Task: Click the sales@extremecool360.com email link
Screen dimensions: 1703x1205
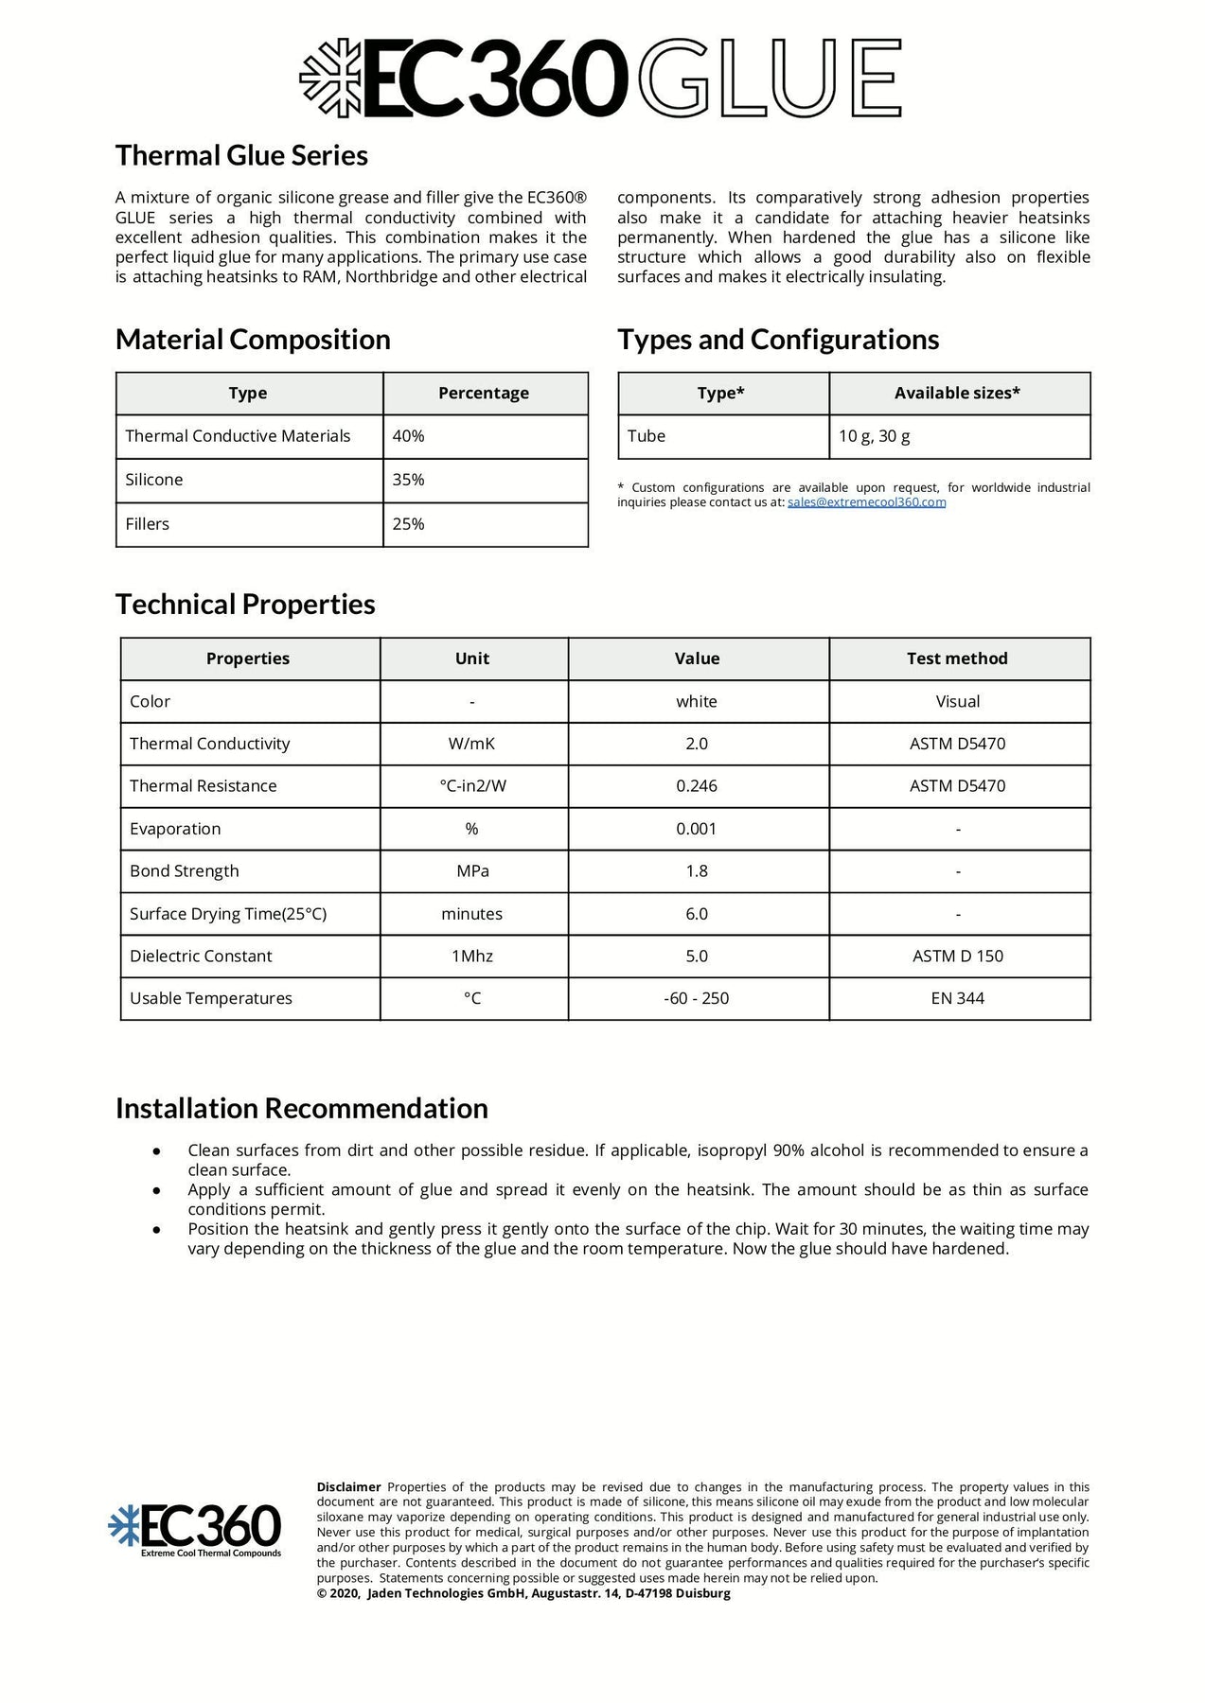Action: [866, 502]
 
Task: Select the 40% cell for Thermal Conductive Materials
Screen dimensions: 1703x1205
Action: [409, 436]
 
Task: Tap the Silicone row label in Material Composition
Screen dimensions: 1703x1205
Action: [154, 480]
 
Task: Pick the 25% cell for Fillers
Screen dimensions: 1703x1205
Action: [409, 524]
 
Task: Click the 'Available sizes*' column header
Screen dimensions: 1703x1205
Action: [957, 394]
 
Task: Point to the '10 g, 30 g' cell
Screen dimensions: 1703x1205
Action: [875, 436]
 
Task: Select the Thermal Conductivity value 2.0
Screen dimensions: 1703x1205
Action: [697, 744]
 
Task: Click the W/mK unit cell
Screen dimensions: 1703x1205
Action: [471, 744]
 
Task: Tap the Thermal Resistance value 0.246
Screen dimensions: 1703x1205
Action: [697, 786]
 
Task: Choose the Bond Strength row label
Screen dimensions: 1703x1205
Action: [185, 871]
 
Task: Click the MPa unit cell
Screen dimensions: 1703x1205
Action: [472, 871]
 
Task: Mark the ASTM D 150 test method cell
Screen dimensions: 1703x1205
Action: [958, 957]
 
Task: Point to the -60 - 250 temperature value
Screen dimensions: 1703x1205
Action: [697, 999]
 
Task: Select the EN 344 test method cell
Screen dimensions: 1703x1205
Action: [958, 999]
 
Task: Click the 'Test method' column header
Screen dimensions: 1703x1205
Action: [957, 658]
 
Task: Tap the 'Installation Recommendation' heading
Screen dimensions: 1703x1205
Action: [302, 1109]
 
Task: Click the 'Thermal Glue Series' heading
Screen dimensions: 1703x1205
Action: [241, 156]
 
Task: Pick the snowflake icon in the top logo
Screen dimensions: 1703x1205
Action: [330, 79]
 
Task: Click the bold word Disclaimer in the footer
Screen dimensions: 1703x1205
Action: [348, 1487]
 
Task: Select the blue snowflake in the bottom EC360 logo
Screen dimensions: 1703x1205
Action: [124, 1526]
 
